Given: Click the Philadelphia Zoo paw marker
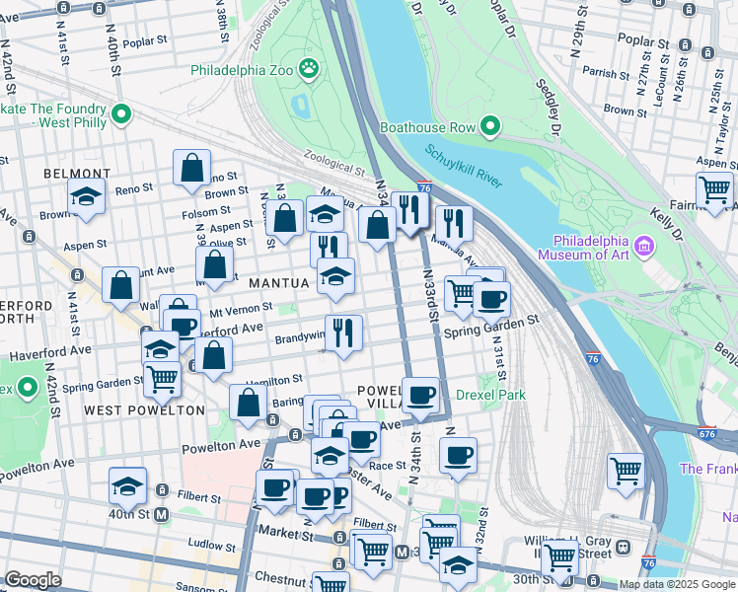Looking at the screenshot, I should point(310,69).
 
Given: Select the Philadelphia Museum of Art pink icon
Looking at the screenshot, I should point(645,244).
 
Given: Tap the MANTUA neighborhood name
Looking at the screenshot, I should point(279,283).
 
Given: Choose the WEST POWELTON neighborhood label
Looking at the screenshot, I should point(144,409).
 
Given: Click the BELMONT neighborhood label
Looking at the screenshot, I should point(75,174).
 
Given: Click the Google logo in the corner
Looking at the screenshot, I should point(34,580).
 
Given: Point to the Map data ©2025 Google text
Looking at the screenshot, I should point(677,584).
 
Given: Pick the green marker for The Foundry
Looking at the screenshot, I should point(122,114).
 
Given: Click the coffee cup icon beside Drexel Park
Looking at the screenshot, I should point(421,395).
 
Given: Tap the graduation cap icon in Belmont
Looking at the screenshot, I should point(87,195).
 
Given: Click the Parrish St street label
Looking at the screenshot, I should point(605,73).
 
